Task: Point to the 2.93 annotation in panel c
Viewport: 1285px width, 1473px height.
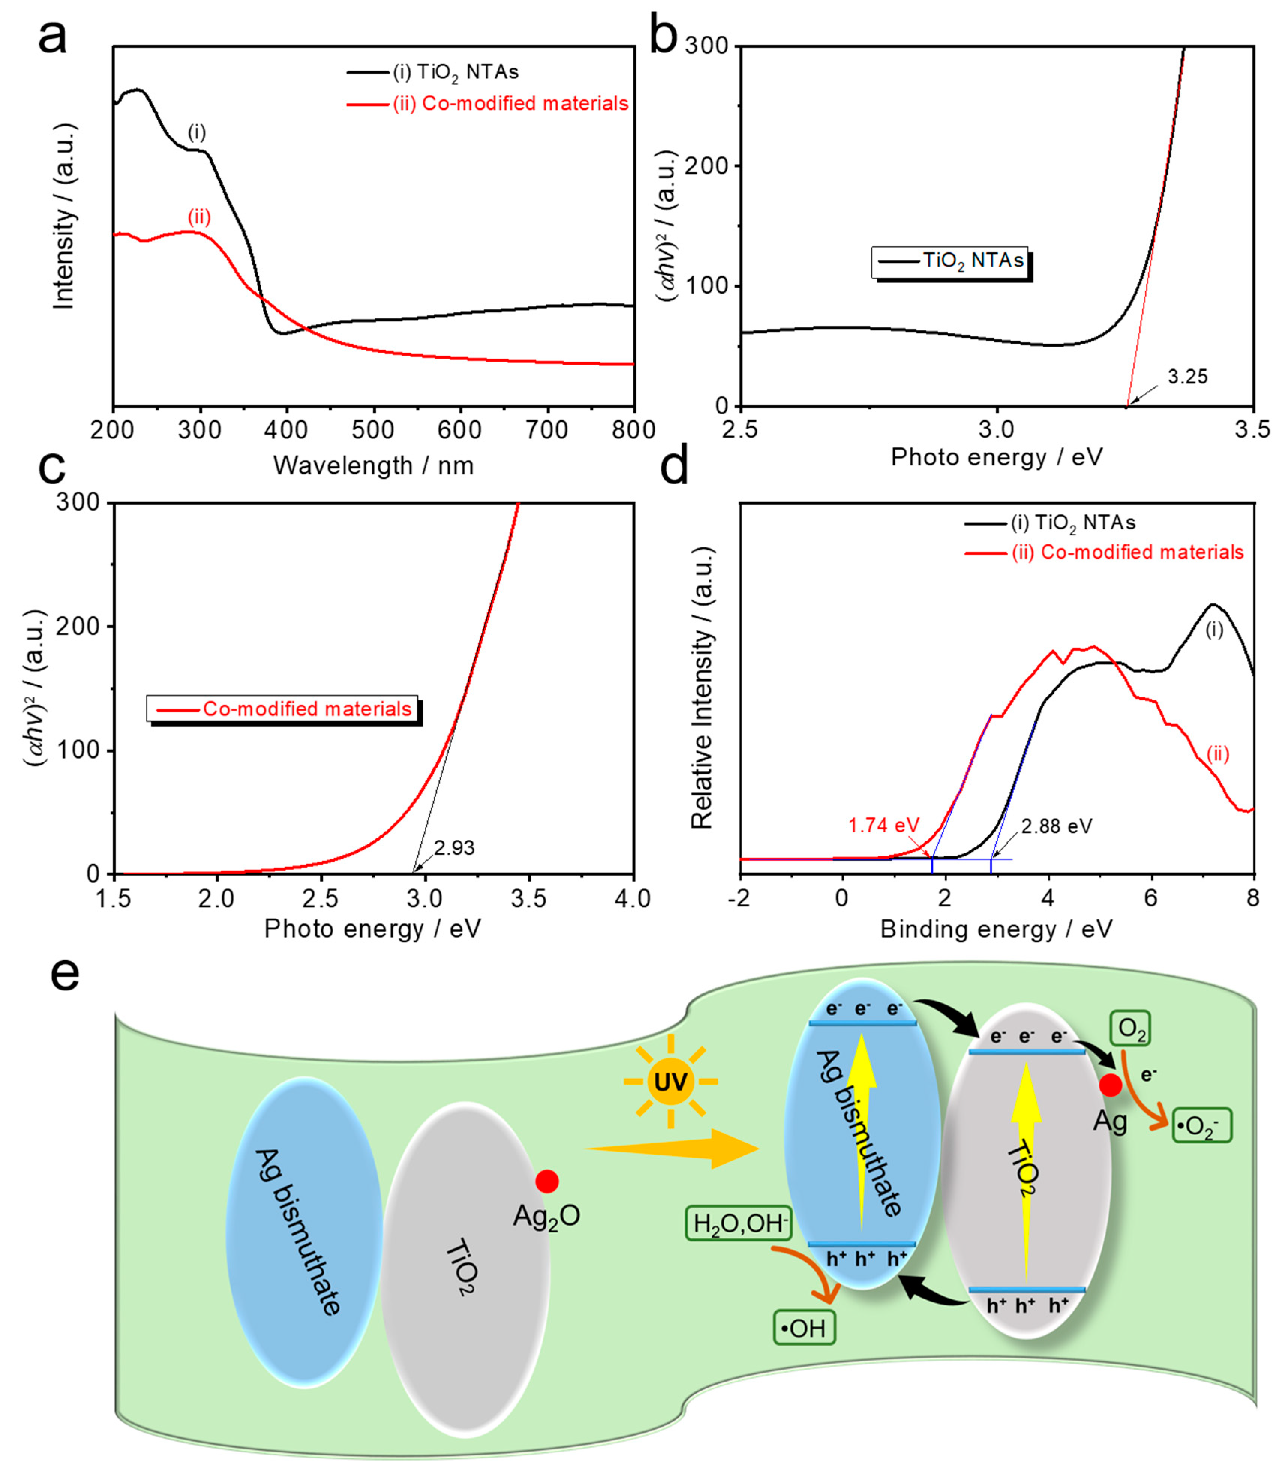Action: coord(454,848)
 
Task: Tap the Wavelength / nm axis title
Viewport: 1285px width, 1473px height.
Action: coord(374,465)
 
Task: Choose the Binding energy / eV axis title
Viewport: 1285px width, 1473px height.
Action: coord(996,929)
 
